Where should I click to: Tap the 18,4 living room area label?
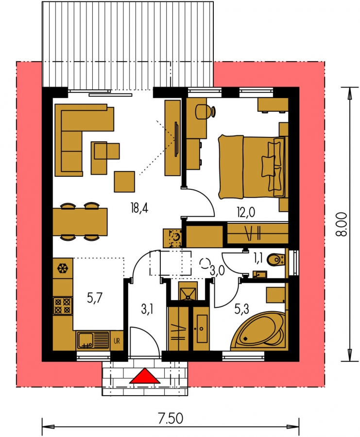[139, 208]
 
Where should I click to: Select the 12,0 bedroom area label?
[246, 213]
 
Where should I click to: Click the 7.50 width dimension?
[171, 419]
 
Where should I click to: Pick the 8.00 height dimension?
[342, 224]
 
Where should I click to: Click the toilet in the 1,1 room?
[276, 260]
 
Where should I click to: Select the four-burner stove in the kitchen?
[63, 306]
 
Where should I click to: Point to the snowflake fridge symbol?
[63, 269]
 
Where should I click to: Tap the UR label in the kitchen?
[117, 340]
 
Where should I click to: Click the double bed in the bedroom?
[252, 167]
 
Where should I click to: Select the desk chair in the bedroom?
[206, 112]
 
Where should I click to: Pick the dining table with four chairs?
[80, 221]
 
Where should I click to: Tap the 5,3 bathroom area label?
[242, 309]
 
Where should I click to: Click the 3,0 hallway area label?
[218, 270]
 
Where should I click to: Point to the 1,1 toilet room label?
[258, 258]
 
